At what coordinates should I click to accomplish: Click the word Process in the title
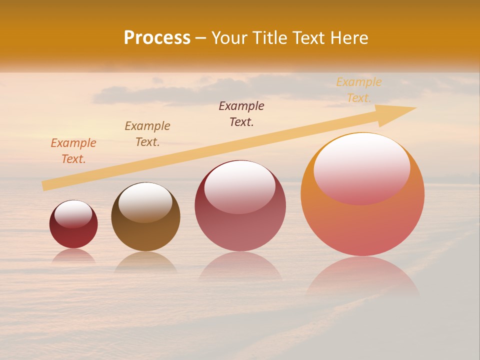[x=157, y=38]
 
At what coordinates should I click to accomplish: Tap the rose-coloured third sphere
[x=240, y=230]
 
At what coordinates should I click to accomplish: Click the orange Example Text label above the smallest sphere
[x=73, y=151]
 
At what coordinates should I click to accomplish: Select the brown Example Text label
[x=147, y=134]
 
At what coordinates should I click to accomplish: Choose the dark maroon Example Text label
[x=241, y=114]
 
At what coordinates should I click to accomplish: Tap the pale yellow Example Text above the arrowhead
[x=359, y=90]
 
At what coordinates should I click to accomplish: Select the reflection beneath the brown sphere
[x=145, y=262]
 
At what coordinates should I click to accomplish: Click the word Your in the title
[x=229, y=38]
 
